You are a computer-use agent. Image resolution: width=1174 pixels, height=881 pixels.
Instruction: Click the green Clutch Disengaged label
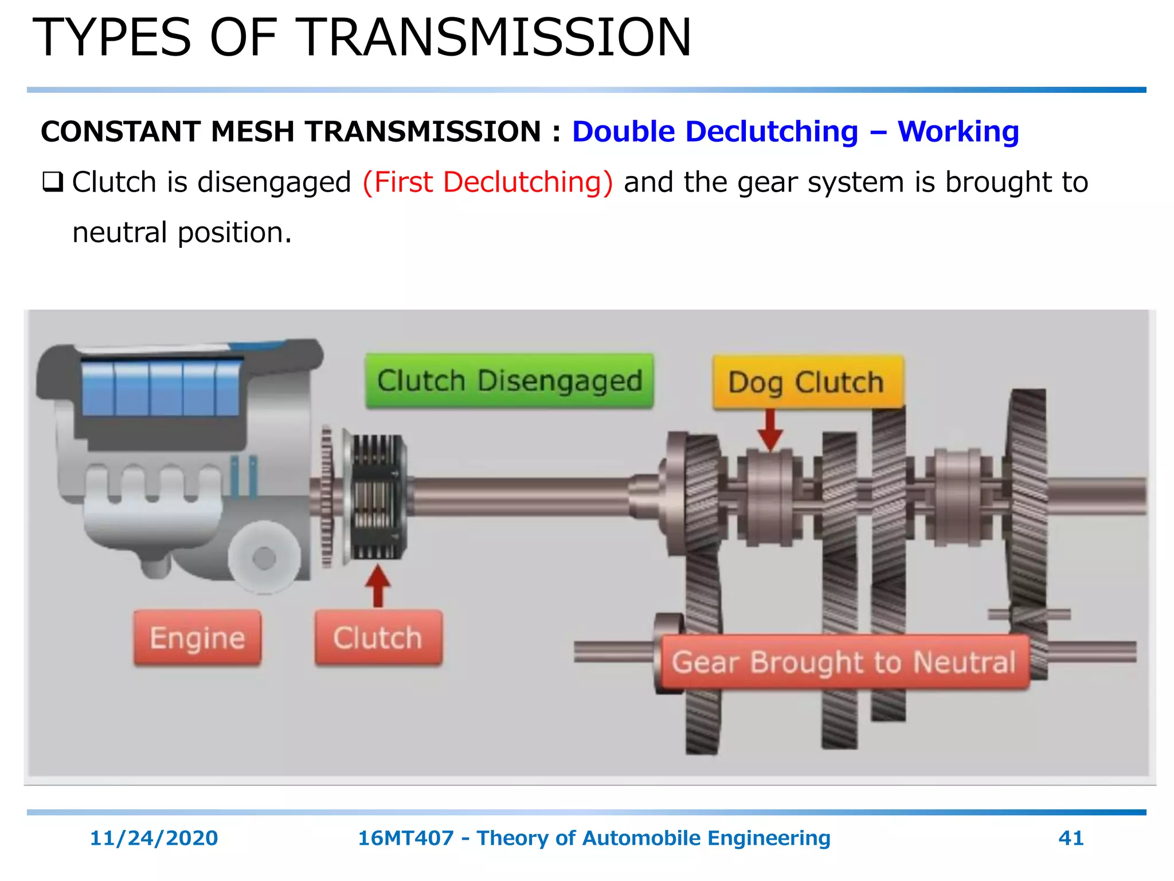509,381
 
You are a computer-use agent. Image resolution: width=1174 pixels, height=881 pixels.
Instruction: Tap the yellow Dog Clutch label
807,382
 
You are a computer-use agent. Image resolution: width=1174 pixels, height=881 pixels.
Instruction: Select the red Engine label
197,638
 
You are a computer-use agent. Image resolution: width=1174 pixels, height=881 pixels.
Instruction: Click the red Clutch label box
378,638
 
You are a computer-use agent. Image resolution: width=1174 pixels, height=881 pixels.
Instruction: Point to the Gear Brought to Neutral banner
844,662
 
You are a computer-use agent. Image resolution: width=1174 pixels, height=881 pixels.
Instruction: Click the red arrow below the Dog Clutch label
770,430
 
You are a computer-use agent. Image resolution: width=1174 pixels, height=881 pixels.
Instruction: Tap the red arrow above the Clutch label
378,585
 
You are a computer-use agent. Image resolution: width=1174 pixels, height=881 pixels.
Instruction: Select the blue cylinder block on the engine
161,388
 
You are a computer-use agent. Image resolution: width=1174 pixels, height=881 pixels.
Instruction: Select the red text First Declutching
488,182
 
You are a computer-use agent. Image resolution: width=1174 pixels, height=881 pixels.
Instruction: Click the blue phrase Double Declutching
715,132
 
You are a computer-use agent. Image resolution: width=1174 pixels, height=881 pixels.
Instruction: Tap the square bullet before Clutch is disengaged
52,183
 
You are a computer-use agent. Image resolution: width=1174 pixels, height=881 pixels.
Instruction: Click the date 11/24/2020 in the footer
154,838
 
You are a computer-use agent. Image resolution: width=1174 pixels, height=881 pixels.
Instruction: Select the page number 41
1071,838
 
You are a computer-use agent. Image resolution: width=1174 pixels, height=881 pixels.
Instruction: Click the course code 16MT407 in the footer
406,838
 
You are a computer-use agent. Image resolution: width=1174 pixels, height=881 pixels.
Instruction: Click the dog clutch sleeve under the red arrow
770,497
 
